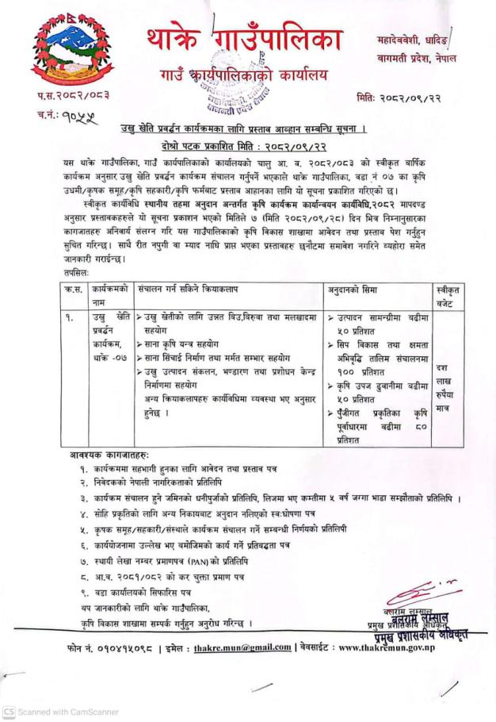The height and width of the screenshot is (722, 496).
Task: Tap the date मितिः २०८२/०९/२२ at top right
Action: [x=409, y=101]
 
